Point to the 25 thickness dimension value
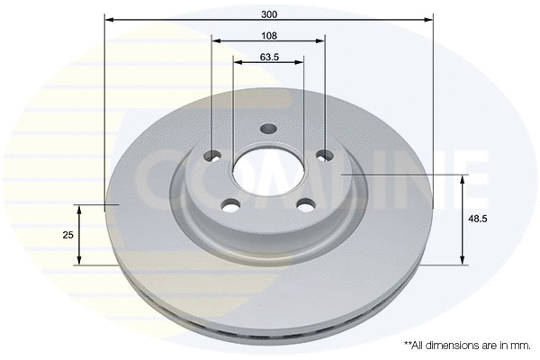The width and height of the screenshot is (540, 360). pyautogui.click(x=67, y=234)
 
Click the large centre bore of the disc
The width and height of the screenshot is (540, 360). pyautogui.click(x=267, y=169)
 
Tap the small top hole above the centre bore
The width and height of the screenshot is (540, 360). pyautogui.click(x=267, y=129)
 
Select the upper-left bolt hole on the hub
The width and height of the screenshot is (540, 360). pyautogui.click(x=211, y=154)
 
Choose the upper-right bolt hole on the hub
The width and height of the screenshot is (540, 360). pyautogui.click(x=324, y=156)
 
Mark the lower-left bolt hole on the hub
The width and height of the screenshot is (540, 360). pyautogui.click(x=231, y=203)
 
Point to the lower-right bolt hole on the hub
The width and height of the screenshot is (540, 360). pyautogui.click(x=303, y=204)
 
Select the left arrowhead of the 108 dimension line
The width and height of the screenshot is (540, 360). pyautogui.click(x=215, y=40)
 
